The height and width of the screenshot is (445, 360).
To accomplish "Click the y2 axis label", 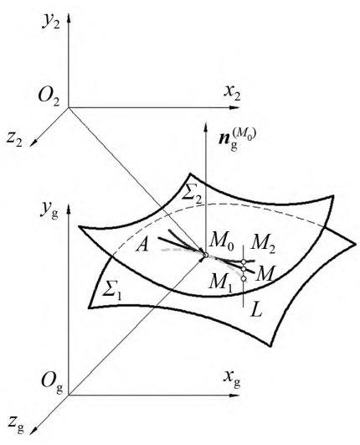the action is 51,21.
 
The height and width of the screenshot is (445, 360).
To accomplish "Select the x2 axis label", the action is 232,92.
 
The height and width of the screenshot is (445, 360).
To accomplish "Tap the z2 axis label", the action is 14,139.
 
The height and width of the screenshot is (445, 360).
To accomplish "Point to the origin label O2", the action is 49,96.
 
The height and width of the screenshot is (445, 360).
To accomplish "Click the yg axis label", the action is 49,211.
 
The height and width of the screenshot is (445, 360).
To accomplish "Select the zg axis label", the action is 17,424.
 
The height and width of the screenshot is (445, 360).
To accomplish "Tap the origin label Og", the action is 52,381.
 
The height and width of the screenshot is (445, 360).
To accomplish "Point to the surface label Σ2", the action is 193,194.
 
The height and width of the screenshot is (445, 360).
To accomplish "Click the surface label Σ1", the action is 112,290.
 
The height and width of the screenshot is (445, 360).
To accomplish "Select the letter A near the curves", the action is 142,245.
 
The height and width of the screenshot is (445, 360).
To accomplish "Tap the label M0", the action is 221,243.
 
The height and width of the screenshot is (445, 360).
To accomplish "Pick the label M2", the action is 264,243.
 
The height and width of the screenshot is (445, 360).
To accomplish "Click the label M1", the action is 220,283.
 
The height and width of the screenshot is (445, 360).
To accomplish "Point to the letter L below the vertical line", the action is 256,312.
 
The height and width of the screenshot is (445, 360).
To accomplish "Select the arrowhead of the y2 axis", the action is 69,17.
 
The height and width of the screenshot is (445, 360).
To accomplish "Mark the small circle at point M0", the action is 206,255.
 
